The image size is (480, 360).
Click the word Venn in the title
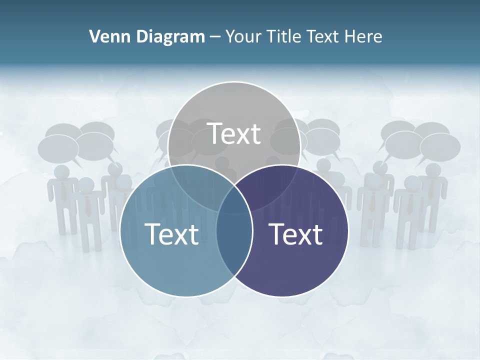coord(105,36)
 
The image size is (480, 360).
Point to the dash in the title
coord(215,37)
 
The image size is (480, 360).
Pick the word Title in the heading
coord(283,36)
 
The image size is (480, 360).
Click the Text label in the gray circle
coord(233,133)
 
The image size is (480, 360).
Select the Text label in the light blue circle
coord(171,234)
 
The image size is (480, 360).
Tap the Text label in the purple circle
coord(295,234)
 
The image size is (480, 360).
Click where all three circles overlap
coord(234,200)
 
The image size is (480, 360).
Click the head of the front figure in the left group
coord(86,185)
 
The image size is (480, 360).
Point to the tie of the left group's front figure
coord(88,205)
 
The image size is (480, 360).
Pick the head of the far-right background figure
coord(430,170)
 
